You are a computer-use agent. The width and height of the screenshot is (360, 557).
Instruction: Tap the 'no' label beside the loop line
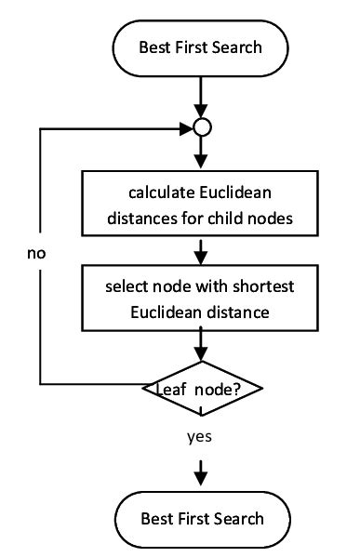(x=36, y=253)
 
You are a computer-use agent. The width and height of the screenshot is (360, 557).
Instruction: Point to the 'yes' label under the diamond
(x=200, y=435)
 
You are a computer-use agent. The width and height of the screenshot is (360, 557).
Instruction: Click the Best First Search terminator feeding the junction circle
(x=200, y=46)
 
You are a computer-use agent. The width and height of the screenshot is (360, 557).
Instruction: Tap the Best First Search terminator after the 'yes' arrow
(x=200, y=518)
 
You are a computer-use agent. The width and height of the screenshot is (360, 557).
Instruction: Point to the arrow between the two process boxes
(x=200, y=251)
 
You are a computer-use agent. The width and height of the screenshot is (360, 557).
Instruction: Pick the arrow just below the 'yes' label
(x=200, y=471)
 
